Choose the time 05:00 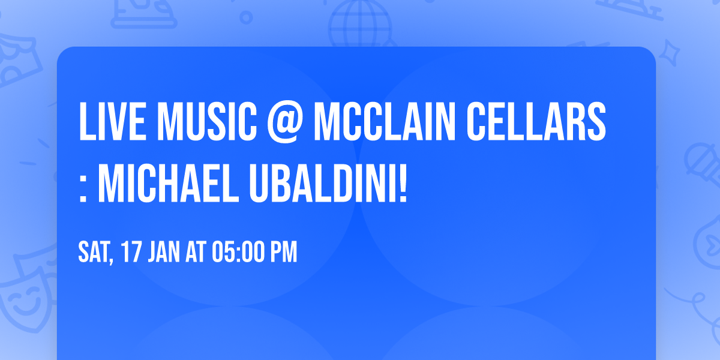pos(238,253)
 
